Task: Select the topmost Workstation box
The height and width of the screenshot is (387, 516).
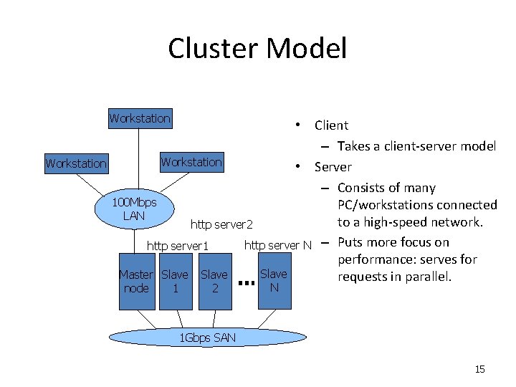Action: point(140,118)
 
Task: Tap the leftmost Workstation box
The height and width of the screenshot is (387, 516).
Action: point(76,163)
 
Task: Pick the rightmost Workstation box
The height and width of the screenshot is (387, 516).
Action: point(191,162)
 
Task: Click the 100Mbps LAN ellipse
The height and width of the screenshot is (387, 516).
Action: point(134,209)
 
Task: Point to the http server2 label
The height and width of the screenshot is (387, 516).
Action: point(222,225)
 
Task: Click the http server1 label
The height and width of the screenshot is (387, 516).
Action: point(177,247)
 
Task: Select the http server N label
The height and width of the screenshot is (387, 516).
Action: point(278,246)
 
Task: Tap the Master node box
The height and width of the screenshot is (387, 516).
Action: point(136,281)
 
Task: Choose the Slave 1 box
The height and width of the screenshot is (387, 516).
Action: point(175,281)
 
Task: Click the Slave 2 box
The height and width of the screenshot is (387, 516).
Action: point(214,281)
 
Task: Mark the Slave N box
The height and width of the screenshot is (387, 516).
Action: point(274,280)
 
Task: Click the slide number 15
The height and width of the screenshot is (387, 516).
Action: point(479,369)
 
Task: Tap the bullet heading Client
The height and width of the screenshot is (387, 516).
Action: point(331,125)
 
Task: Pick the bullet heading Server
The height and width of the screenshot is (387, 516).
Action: point(333,167)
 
